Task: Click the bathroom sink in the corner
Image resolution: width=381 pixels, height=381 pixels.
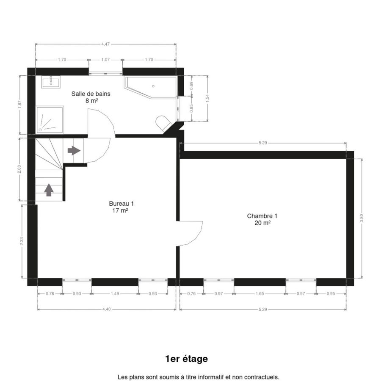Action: pyautogui.click(x=51, y=82)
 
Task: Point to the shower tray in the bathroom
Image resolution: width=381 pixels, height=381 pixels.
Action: pyautogui.click(x=50, y=119)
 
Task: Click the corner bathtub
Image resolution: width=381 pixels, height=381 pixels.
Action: pyautogui.click(x=151, y=87)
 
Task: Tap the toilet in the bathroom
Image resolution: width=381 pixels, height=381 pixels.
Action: pyautogui.click(x=163, y=123)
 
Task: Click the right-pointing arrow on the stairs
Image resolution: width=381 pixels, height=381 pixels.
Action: pyautogui.click(x=74, y=151)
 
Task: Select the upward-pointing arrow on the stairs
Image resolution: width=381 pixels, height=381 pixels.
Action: pyautogui.click(x=49, y=190)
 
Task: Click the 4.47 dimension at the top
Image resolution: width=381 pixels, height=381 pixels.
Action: pyautogui.click(x=105, y=44)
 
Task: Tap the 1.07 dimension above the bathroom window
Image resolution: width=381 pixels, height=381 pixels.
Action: pyautogui.click(x=105, y=60)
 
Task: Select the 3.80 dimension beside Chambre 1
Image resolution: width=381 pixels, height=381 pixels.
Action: pyautogui.click(x=362, y=218)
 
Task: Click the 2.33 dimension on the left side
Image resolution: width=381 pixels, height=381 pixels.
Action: pyautogui.click(x=22, y=241)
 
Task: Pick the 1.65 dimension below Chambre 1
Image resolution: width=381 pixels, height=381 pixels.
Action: pyautogui.click(x=260, y=293)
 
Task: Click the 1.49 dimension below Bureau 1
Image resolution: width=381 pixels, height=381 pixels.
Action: pyautogui.click(x=115, y=293)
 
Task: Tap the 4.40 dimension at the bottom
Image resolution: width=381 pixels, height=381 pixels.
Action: pyautogui.click(x=106, y=309)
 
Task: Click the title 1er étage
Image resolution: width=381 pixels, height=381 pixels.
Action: pyautogui.click(x=186, y=359)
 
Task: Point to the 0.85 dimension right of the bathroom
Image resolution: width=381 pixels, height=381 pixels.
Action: pyautogui.click(x=191, y=108)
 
